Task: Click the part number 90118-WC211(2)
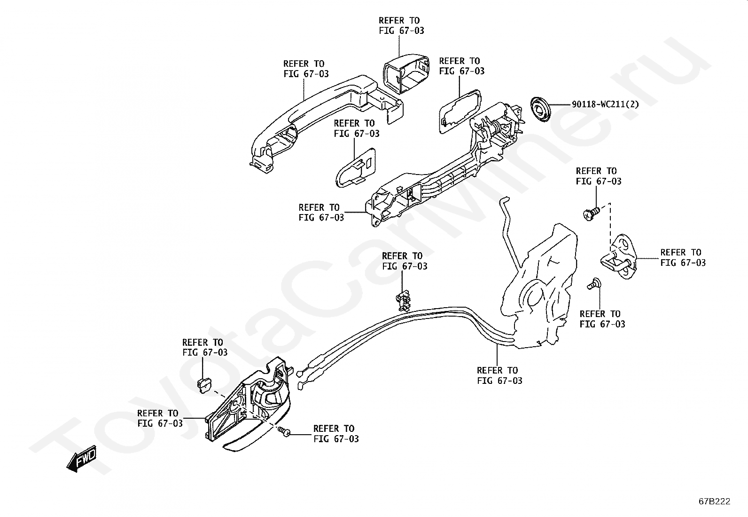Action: [605, 104]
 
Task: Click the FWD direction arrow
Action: [82, 459]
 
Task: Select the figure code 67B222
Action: [714, 501]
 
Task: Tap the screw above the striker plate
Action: [591, 214]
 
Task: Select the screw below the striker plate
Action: [594, 284]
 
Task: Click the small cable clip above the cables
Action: [404, 300]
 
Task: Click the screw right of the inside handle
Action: [284, 432]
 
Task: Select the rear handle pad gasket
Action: [460, 111]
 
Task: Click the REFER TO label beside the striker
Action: [683, 257]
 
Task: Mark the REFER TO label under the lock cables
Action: [499, 375]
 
